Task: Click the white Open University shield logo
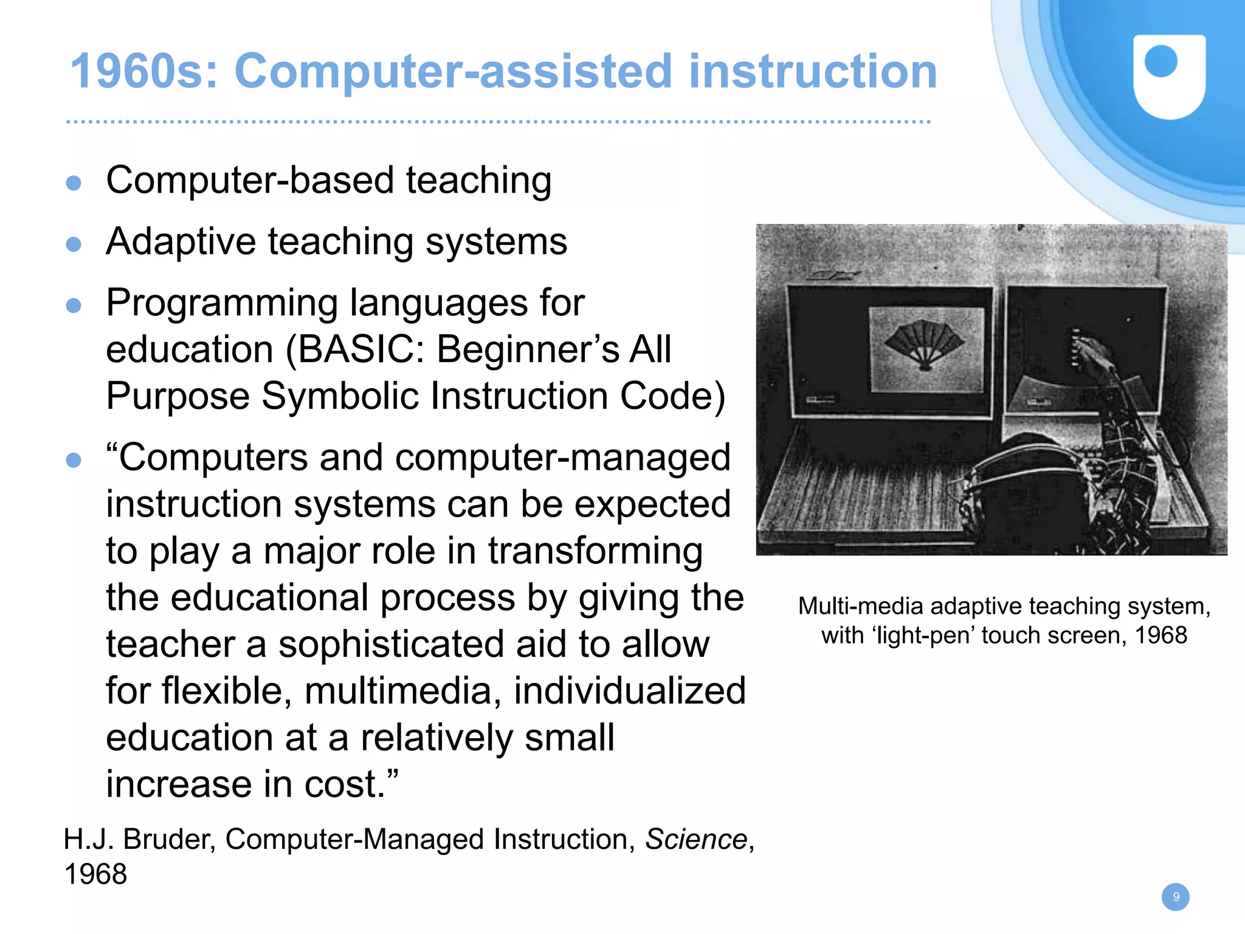pos(1169,77)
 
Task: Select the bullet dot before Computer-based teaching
pos(74,182)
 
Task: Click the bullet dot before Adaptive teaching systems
pos(74,244)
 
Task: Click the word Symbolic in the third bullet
pos(340,396)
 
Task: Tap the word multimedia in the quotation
pos(402,692)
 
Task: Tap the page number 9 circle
pos(1175,897)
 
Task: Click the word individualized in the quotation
pos(629,692)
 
